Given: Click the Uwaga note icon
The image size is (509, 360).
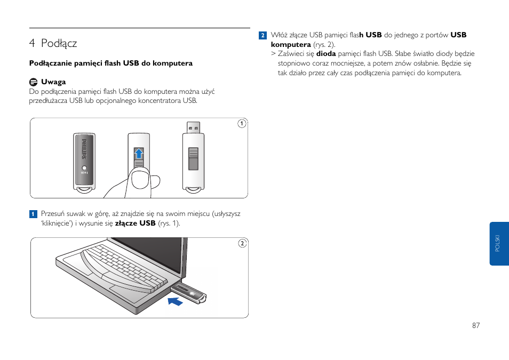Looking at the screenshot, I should point(33,82).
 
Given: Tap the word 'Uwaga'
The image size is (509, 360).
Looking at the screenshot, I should point(53,82).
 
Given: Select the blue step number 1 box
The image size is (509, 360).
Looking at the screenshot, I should point(33,214).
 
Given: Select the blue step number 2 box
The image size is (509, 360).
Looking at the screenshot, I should point(263,36).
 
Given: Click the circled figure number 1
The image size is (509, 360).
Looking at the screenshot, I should point(241,124).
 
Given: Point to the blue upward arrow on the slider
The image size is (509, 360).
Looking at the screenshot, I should point(139,155).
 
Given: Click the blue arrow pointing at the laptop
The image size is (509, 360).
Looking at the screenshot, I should point(175,301).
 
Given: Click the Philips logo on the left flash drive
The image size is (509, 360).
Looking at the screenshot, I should point(83,149).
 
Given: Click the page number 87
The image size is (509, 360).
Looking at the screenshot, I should point(476,325).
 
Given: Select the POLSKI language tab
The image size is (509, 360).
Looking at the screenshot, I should point(498,244).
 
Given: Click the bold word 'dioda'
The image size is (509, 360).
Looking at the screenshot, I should point(326,54).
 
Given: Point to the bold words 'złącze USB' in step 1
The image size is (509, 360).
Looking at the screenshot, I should point(136,223).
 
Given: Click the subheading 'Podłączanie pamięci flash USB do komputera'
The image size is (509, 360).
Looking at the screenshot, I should point(110,63).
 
